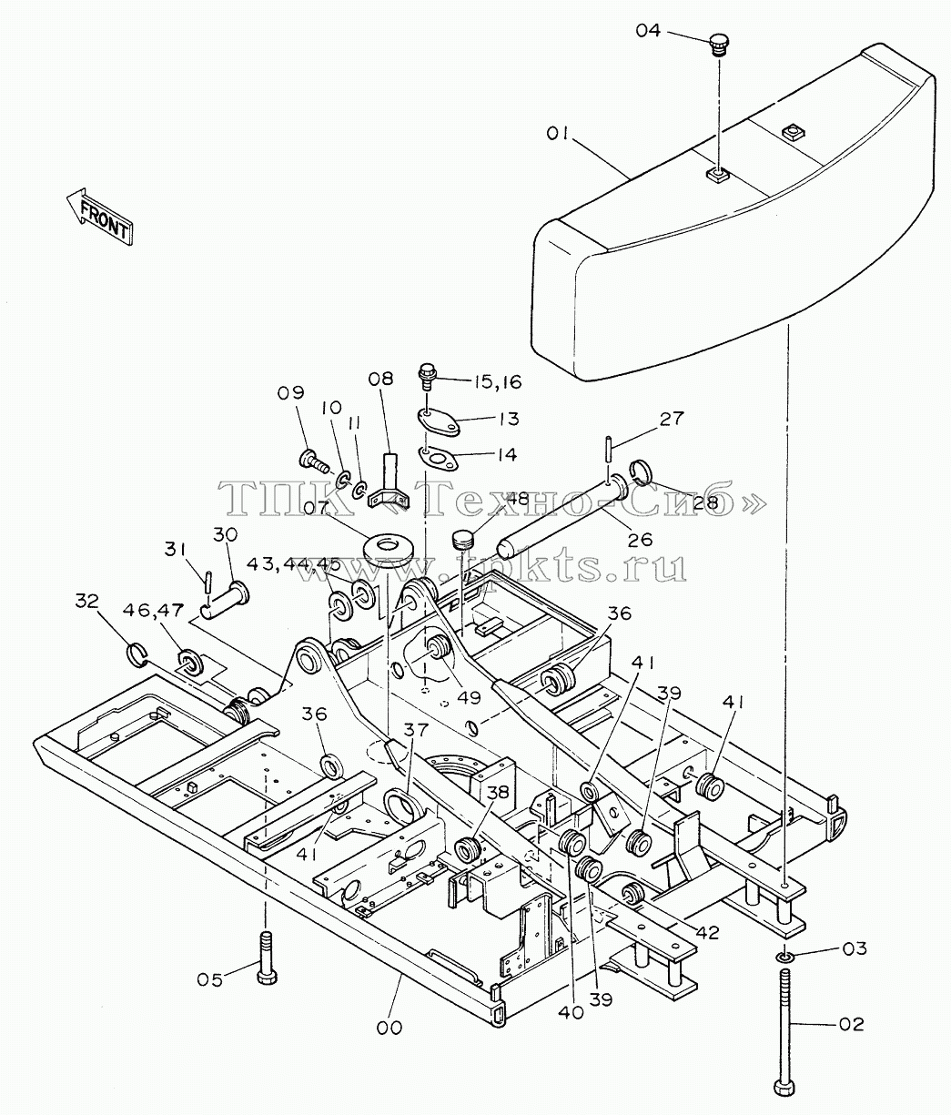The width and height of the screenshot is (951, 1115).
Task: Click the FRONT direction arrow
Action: point(100,215)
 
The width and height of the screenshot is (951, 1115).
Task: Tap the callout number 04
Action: point(648,31)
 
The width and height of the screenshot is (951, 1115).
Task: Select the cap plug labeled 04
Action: point(718,45)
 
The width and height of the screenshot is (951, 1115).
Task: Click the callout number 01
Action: point(559,133)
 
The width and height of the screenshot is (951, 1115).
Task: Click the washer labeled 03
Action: point(784,957)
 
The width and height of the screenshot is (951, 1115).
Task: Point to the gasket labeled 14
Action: point(438,458)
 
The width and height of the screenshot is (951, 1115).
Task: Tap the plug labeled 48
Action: point(461,539)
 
